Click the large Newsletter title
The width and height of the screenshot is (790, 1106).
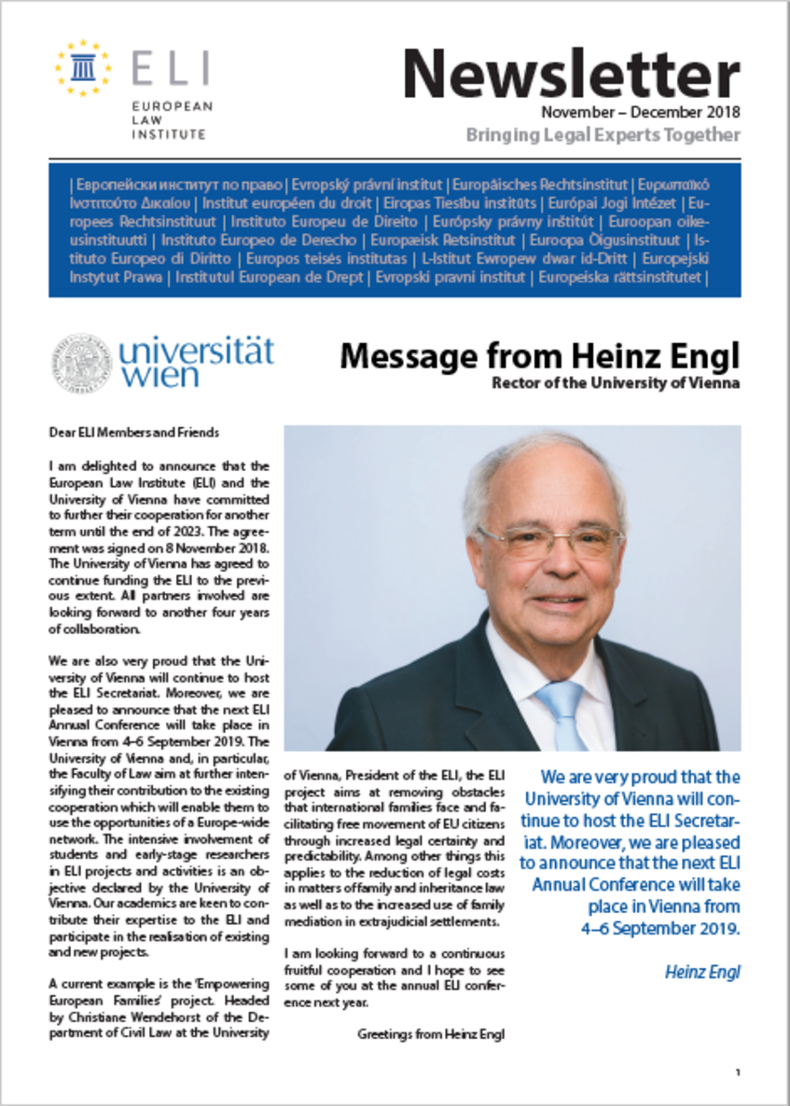[x=571, y=74]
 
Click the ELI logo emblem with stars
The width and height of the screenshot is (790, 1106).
[x=83, y=68]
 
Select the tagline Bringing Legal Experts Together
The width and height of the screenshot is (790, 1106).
[x=603, y=135]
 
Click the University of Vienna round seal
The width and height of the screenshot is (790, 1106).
[x=81, y=363]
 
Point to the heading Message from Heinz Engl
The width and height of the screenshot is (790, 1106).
[x=539, y=356]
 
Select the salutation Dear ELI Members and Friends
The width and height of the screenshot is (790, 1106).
[x=133, y=432]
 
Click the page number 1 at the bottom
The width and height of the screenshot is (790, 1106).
[x=737, y=1073]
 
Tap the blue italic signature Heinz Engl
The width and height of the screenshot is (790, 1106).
[x=702, y=972]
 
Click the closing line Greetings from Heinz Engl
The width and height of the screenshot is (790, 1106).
[x=431, y=1034]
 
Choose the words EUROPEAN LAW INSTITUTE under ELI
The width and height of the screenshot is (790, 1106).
[x=171, y=120]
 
